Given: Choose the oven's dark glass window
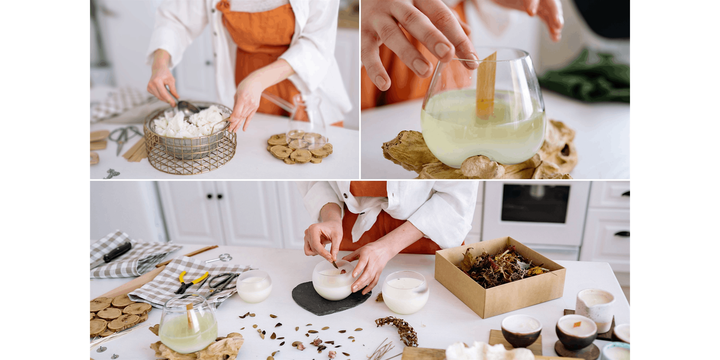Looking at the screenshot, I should tap(535, 203).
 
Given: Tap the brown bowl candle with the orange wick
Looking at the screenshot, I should tap(575, 332).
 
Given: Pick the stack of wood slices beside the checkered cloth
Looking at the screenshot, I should tap(117, 314).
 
